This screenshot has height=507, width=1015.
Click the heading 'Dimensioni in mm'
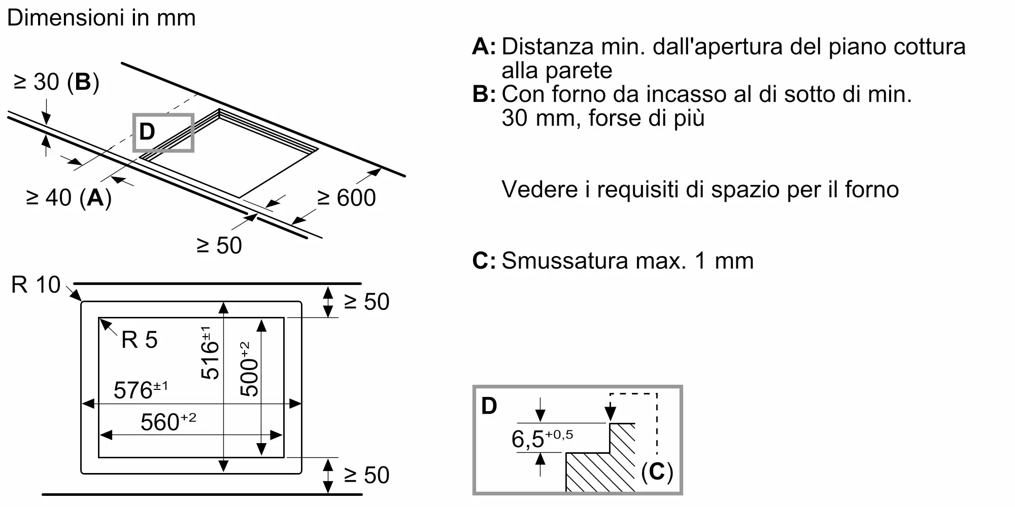click(x=101, y=18)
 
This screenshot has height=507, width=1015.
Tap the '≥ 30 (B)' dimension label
click(x=56, y=82)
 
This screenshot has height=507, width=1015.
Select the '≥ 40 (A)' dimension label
click(x=69, y=198)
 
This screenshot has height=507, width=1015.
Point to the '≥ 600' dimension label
click(x=347, y=198)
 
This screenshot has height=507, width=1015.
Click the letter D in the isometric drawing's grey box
click(x=147, y=132)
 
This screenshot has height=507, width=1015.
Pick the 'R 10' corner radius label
click(x=36, y=285)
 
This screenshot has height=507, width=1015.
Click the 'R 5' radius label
click(x=140, y=340)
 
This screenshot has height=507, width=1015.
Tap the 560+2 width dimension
click(x=168, y=422)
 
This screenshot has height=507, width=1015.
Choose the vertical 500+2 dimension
click(x=249, y=369)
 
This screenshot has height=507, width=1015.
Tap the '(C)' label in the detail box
click(x=657, y=473)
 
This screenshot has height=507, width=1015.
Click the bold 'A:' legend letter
click(x=484, y=47)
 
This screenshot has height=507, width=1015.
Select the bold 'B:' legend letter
click(x=484, y=94)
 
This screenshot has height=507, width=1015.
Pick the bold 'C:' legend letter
click(x=484, y=261)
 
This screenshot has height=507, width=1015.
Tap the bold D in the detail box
click(x=489, y=406)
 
